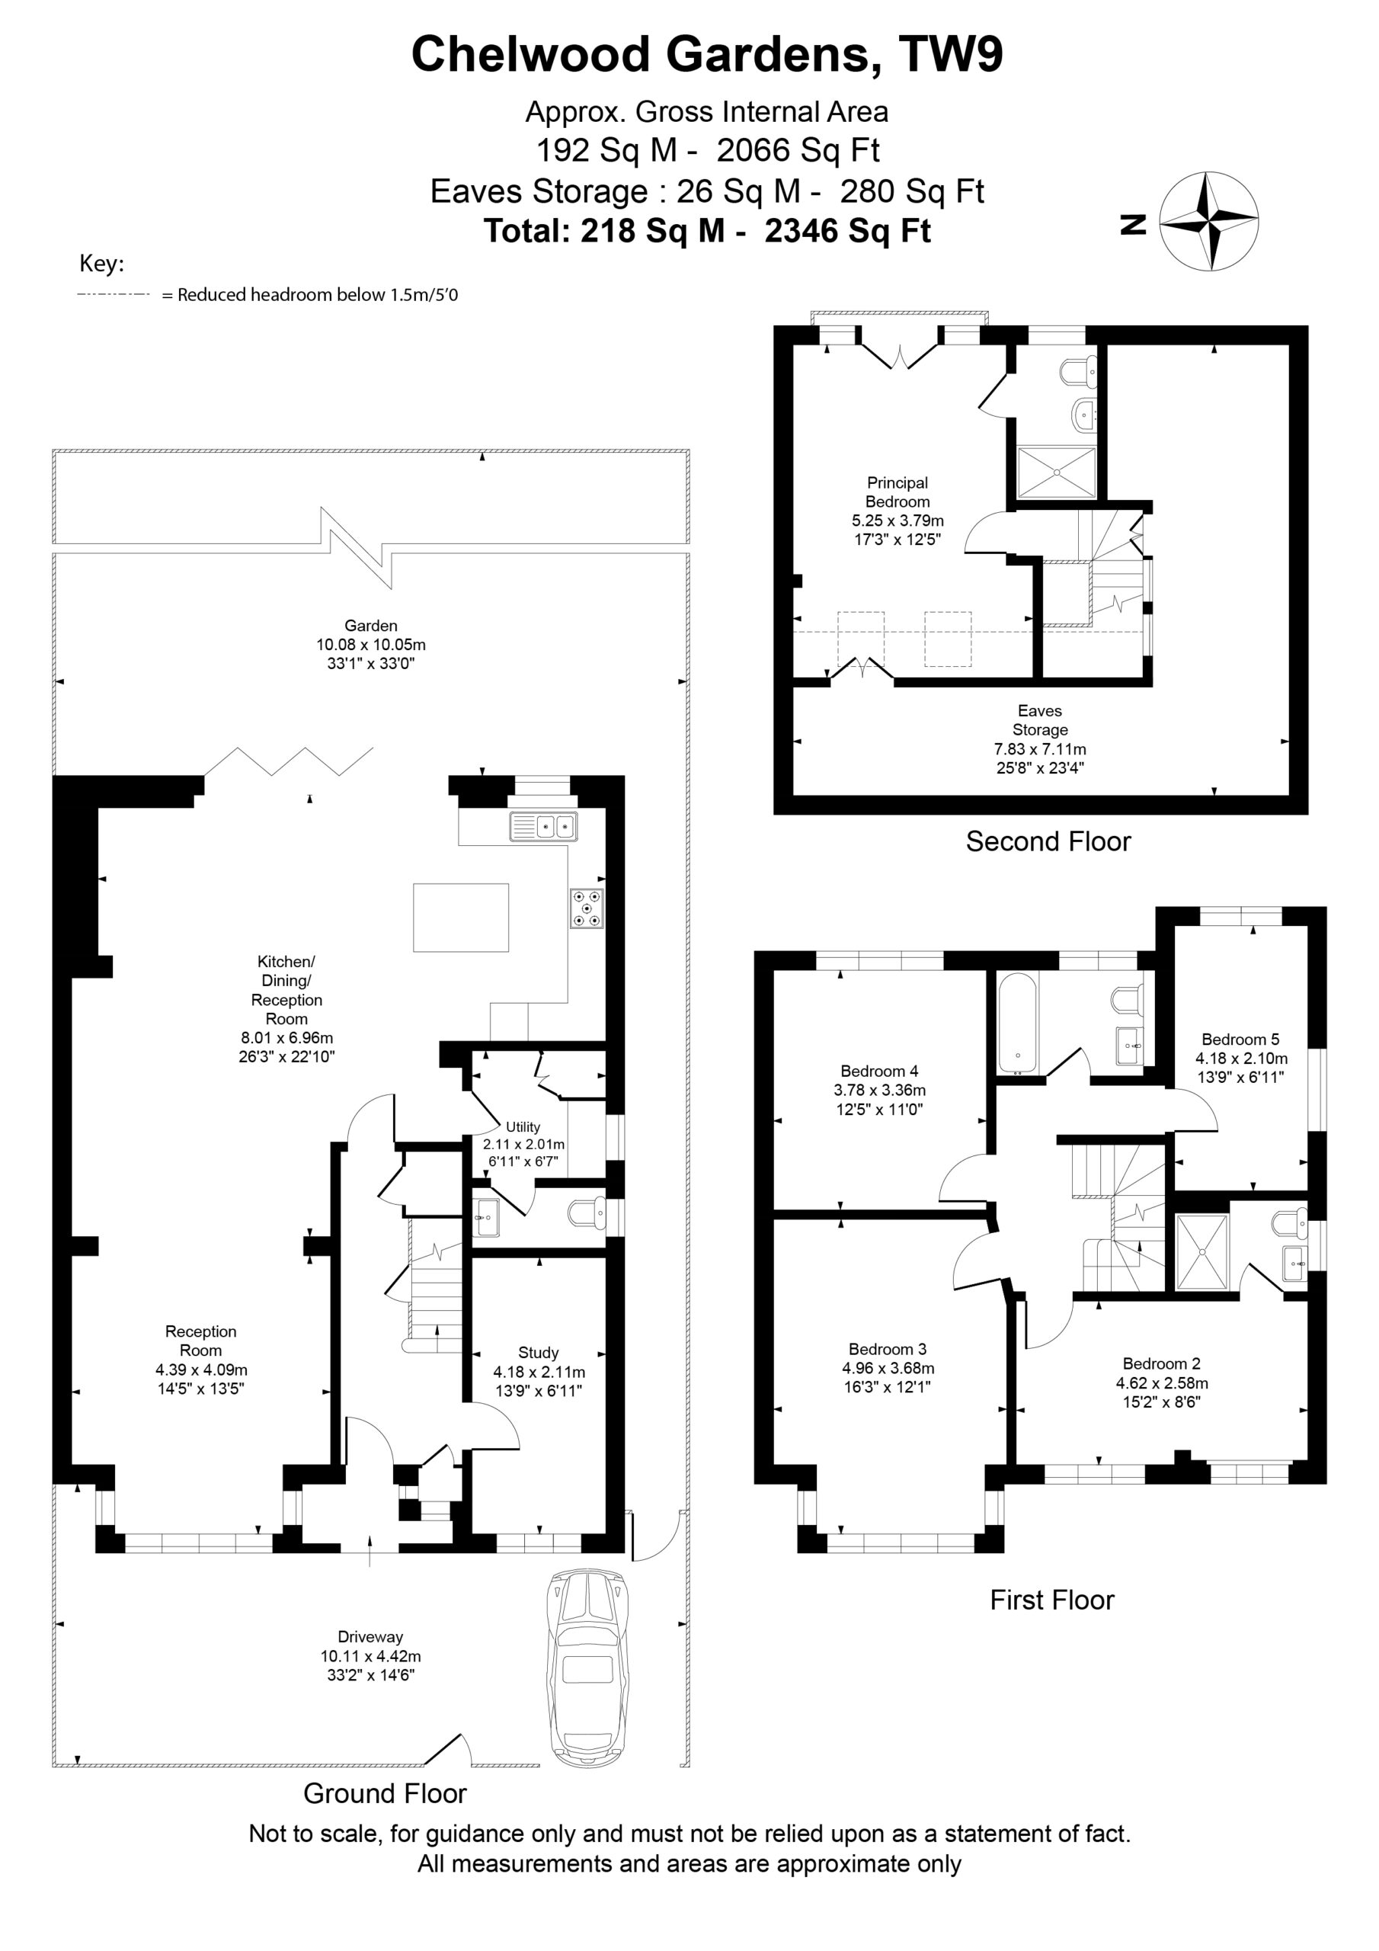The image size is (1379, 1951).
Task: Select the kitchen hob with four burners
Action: click(587, 908)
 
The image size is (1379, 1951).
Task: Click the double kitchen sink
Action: click(544, 827)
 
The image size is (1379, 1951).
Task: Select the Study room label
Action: click(539, 1354)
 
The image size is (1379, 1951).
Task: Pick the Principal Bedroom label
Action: click(897, 492)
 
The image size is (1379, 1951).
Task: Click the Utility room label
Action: click(523, 1126)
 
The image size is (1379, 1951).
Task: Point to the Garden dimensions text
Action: click(371, 653)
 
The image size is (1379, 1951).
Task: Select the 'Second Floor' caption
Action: click(1048, 841)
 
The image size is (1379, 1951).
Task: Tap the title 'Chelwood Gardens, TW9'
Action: click(707, 54)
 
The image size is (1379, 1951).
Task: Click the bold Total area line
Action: click(707, 230)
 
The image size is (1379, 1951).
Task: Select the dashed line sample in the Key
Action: click(113, 295)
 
